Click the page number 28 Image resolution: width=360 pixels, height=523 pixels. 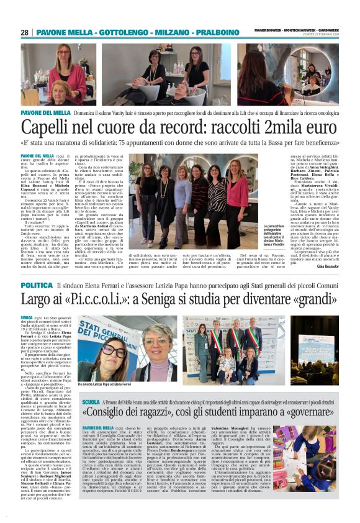tap(24, 32)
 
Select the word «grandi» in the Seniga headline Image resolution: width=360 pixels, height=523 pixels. tap(310, 301)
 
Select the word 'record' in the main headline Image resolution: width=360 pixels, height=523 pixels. tap(181, 129)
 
